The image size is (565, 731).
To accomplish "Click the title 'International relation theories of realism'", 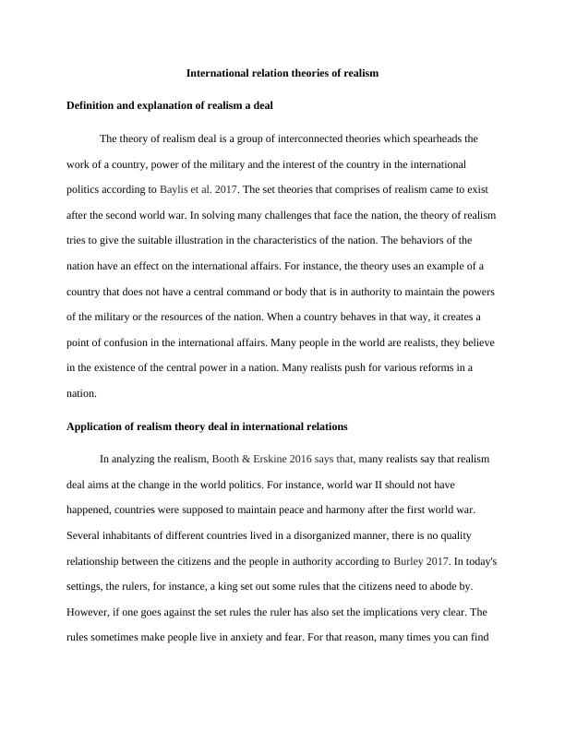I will point(282,72).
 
